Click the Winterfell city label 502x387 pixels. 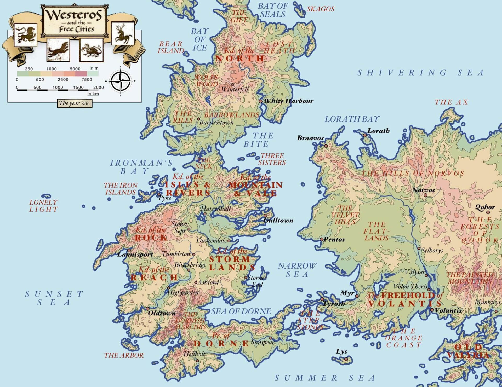(235, 89)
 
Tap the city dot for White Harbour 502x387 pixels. (260, 101)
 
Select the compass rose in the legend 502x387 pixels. (120, 81)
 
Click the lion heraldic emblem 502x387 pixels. (25, 35)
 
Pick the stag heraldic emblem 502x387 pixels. (123, 33)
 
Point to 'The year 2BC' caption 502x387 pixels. (75, 103)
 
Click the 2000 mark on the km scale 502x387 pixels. (99, 87)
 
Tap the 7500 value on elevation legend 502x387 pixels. (87, 80)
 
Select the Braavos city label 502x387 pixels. (310, 138)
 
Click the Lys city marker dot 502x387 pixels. (346, 359)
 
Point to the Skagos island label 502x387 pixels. (321, 9)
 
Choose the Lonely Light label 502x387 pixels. (43, 206)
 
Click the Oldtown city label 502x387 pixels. (162, 313)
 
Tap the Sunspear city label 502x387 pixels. (263, 342)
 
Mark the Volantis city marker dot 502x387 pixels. (432, 310)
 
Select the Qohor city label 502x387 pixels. (485, 207)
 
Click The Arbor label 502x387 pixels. (124, 355)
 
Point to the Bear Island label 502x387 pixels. (171, 47)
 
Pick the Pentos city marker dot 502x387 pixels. (322, 239)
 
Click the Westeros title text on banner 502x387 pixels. (74, 15)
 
